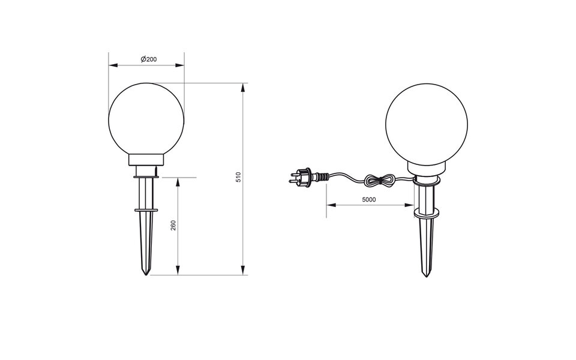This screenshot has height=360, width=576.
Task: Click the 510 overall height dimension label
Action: coord(238,177)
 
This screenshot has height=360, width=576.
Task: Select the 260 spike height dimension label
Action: coord(173,226)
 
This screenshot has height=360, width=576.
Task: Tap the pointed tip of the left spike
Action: coord(146,274)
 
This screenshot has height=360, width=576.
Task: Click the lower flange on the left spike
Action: coord(146,210)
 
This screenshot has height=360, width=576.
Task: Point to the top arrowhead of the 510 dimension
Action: coord(243,87)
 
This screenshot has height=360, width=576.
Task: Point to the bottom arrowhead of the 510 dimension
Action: coord(243,271)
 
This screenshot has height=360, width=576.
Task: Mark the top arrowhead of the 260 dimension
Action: coord(178,181)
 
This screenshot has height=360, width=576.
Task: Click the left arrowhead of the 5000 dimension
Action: coord(329,206)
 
